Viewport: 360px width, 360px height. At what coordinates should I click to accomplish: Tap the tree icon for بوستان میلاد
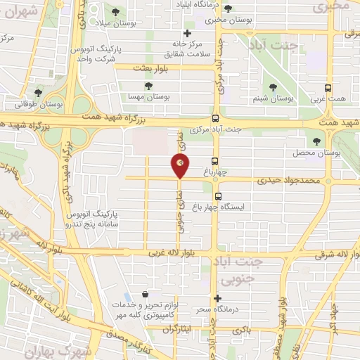(x=115, y=11)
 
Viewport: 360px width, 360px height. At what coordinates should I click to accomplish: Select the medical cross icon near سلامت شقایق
(x=187, y=33)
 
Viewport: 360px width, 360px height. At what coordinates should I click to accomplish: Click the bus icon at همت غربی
(x=327, y=89)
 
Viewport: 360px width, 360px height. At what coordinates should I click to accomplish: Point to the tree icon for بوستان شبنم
(x=273, y=87)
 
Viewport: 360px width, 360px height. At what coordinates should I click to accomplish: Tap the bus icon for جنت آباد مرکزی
(x=215, y=119)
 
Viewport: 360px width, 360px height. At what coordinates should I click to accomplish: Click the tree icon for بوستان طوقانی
(x=38, y=92)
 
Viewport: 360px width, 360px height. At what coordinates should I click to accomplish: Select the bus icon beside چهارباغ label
(x=215, y=160)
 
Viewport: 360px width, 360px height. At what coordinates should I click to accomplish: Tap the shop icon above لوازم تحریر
(x=145, y=295)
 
